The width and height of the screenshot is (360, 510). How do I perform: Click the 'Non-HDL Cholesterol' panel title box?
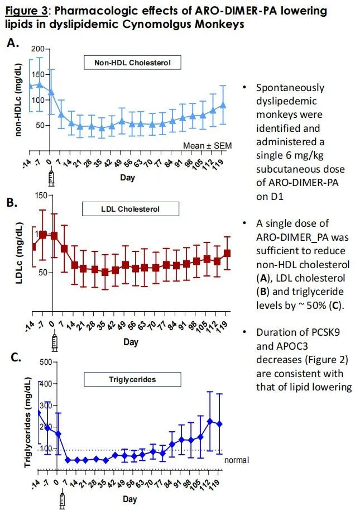click(133, 63)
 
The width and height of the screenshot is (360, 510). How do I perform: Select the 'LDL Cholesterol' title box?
click(131, 209)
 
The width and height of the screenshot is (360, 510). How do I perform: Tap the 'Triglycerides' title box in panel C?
click(132, 379)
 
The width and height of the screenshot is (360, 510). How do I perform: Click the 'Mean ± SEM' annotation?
click(207, 146)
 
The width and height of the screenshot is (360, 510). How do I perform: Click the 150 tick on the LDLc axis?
click(40, 195)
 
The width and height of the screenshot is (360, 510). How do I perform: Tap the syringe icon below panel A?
click(52, 178)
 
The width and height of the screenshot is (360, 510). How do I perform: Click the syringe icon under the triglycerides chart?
click(61, 500)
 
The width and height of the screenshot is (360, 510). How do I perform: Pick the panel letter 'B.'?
click(13, 202)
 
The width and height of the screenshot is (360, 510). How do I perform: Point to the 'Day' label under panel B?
click(131, 341)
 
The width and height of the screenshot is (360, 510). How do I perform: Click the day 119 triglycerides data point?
click(219, 424)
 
